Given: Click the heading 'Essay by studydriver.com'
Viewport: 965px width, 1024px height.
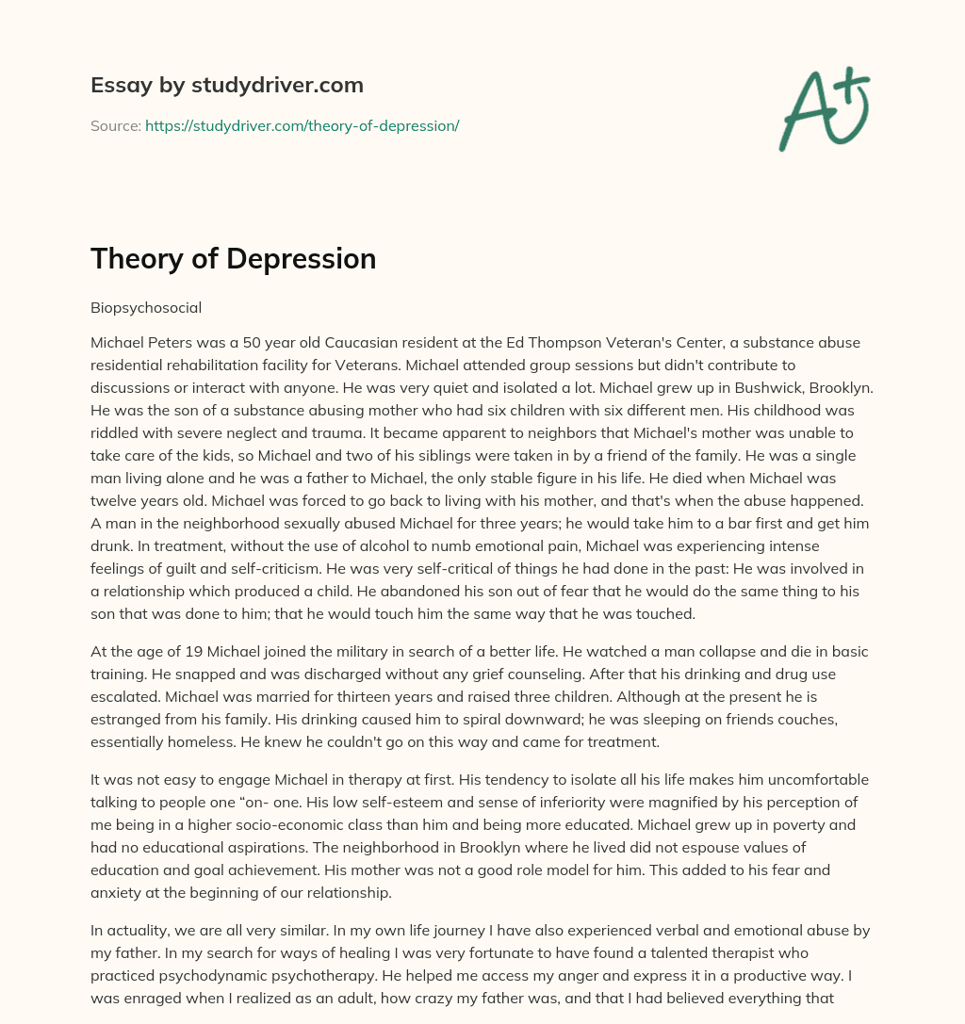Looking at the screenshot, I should [226, 85].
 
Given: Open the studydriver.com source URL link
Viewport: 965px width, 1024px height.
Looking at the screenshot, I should [302, 125].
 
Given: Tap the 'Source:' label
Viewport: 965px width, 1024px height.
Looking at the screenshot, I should [115, 125].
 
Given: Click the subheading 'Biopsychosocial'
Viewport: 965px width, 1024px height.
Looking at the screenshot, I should [146, 306].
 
